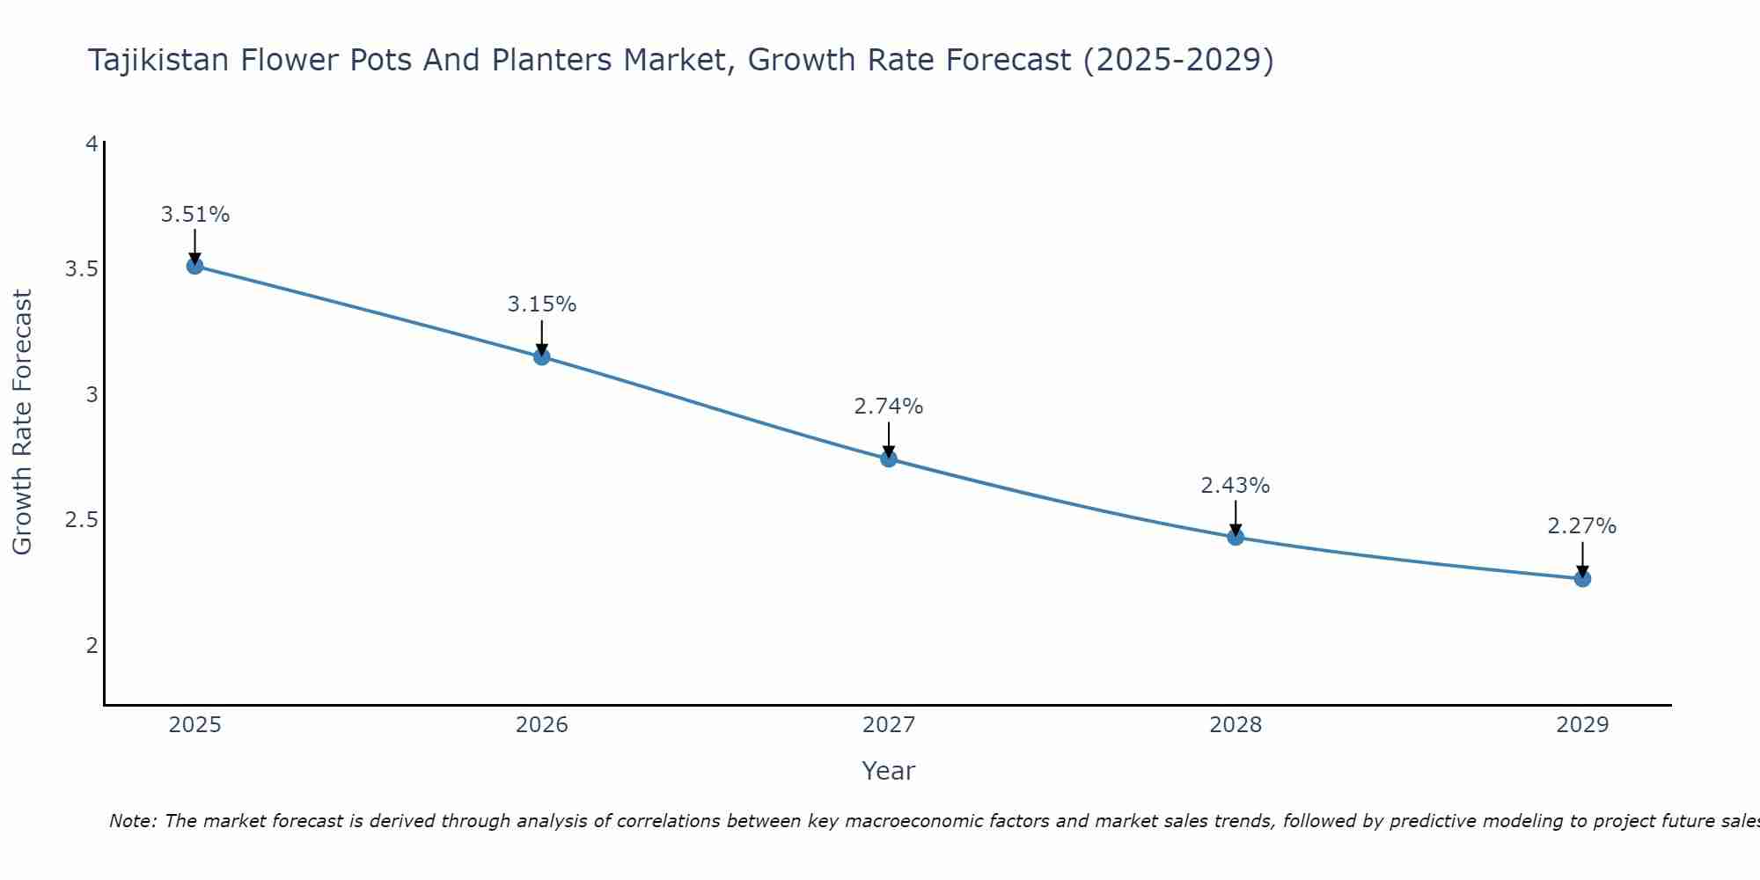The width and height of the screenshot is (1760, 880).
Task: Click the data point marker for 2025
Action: click(195, 266)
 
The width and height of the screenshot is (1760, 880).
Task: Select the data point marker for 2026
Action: click(542, 356)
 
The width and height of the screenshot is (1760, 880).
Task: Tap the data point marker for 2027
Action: click(889, 458)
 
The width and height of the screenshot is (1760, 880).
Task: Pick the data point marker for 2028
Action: click(1236, 537)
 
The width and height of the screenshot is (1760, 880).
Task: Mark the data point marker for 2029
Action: click(1582, 578)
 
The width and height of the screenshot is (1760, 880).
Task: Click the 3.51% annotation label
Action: click(195, 215)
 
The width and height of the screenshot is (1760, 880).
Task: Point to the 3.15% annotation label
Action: click(542, 304)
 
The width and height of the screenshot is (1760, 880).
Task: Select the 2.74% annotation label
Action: click(889, 407)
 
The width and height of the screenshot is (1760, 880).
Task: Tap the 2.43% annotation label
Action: click(1236, 486)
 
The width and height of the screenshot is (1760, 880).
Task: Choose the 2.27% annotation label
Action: click(1582, 526)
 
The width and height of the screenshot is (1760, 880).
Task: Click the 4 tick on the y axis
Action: click(92, 143)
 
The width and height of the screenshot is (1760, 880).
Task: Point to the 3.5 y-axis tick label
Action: click(81, 269)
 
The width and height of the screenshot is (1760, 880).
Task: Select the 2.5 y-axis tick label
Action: click(81, 520)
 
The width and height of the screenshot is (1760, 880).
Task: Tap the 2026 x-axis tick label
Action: click(542, 725)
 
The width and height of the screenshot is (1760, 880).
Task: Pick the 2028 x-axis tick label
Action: click(1236, 725)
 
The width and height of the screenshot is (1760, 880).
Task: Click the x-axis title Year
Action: click(889, 771)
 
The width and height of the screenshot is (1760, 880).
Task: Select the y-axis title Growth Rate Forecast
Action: click(22, 422)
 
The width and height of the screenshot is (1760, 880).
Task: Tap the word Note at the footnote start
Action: click(132, 821)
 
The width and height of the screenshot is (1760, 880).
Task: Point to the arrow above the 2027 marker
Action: click(889, 439)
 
